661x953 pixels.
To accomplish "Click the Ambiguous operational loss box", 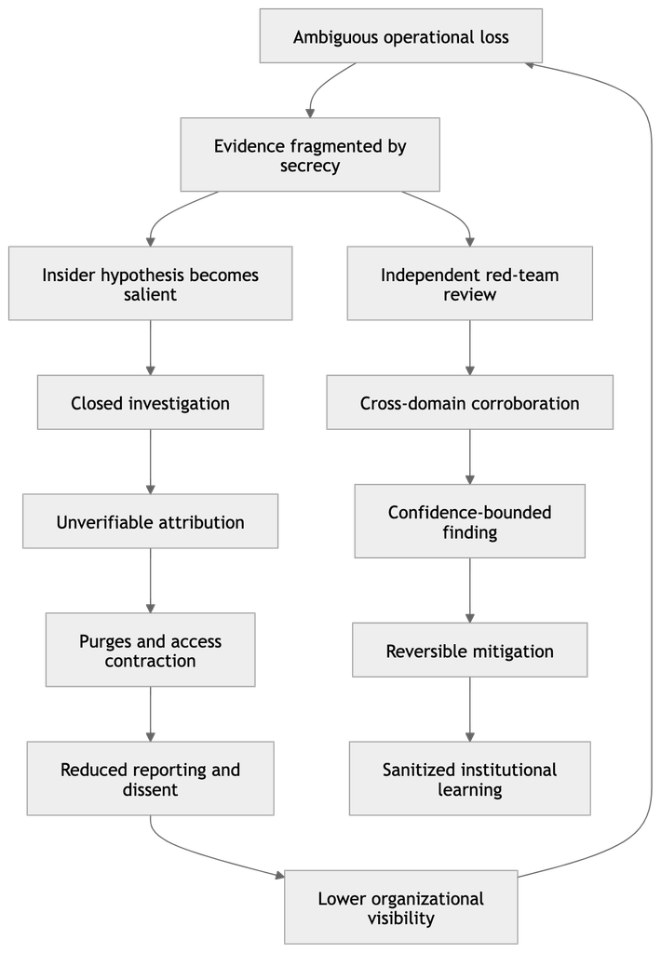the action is pos(400,36).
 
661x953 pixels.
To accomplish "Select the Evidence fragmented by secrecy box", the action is pos(310,154).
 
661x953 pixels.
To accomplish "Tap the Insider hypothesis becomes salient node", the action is pos(150,283).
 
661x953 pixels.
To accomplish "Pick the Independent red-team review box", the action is pos(469,283).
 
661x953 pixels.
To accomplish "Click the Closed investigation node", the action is pos(150,402).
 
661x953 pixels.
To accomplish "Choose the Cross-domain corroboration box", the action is pos(469,402).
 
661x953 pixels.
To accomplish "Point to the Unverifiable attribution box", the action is pos(150,521).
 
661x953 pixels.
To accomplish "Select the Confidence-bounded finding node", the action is pos(469,521).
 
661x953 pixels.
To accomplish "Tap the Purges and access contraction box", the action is pos(150,650).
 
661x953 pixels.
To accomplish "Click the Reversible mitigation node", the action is pos(469,650).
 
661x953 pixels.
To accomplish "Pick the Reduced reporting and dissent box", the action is pos(150,779).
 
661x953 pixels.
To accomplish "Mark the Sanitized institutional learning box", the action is pos(469,779).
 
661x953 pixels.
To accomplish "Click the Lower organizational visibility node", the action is pos(400,906).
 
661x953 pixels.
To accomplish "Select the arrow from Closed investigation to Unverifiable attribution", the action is pos(150,462).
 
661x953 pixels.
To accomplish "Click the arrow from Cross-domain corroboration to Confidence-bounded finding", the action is pos(469,457).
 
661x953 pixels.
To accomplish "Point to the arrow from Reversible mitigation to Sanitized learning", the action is pos(469,709).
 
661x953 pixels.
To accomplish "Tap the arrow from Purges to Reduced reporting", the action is pos(150,714).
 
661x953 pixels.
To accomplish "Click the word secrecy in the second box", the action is pos(310,166).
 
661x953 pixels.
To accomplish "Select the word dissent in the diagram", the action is pos(150,789).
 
